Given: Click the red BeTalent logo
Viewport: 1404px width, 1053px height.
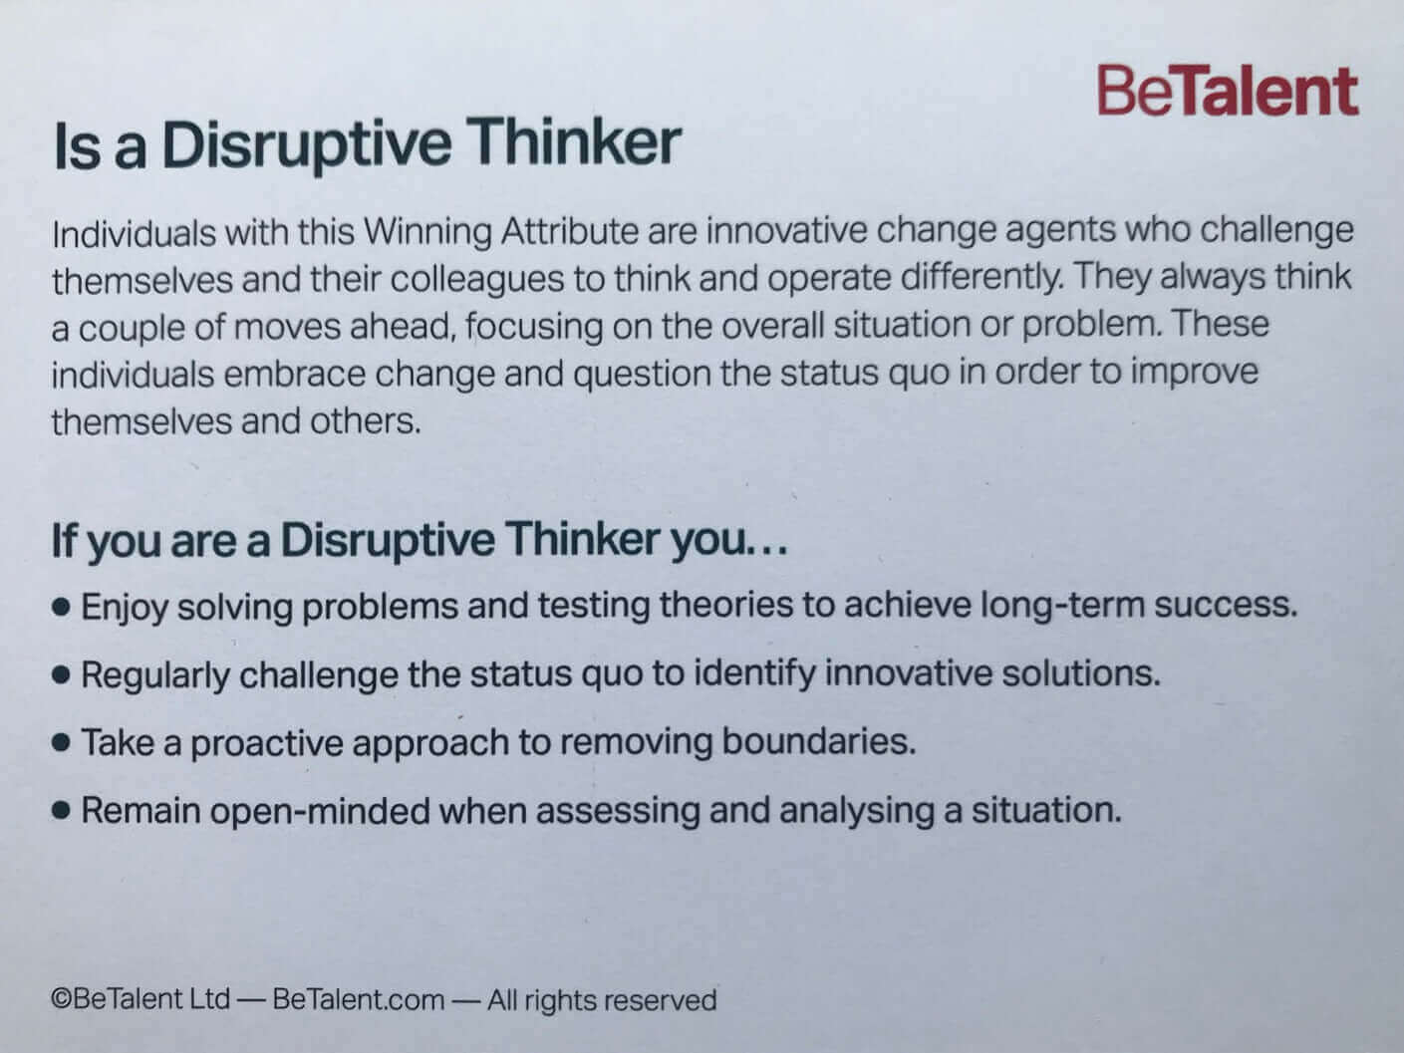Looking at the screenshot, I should (x=1228, y=92).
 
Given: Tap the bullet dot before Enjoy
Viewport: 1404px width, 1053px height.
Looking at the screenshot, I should (x=61, y=607).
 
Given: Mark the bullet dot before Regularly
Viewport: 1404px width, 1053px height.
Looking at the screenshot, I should (x=61, y=675).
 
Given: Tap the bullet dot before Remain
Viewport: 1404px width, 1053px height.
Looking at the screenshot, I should (x=61, y=811).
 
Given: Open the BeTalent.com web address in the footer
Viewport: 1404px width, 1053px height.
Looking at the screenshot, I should (x=358, y=999).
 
